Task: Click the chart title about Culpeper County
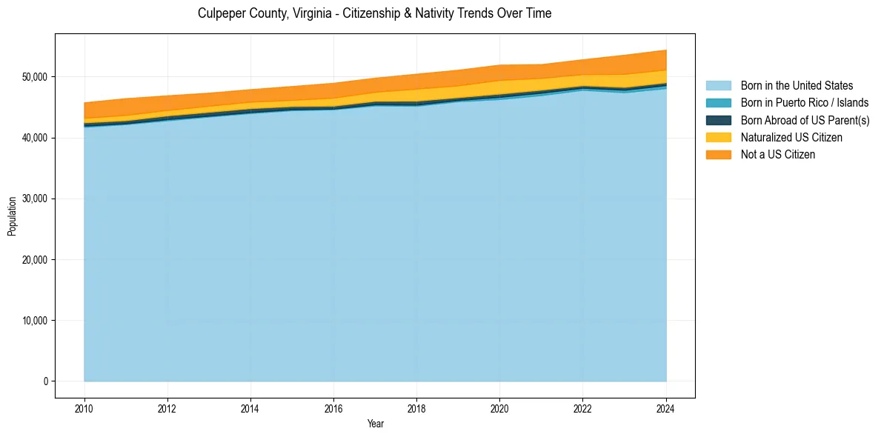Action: [374, 13]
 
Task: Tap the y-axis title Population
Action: [12, 216]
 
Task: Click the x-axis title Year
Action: [375, 424]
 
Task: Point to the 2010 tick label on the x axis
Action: [84, 407]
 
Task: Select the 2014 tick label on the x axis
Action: [250, 407]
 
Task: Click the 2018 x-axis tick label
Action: [416, 407]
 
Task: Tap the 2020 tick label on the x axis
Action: [499, 407]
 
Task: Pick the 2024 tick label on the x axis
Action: [665, 407]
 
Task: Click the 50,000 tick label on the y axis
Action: [34, 77]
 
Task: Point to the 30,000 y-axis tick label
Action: [34, 199]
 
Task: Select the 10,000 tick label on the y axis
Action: [34, 321]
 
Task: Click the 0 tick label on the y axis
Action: [44, 381]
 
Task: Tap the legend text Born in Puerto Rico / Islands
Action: [805, 103]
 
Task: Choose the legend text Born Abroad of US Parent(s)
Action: [805, 120]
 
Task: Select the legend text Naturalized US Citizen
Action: [791, 137]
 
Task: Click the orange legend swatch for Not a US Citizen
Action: [718, 154]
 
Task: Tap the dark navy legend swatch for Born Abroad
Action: [718, 120]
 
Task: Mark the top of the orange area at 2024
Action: [665, 50]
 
